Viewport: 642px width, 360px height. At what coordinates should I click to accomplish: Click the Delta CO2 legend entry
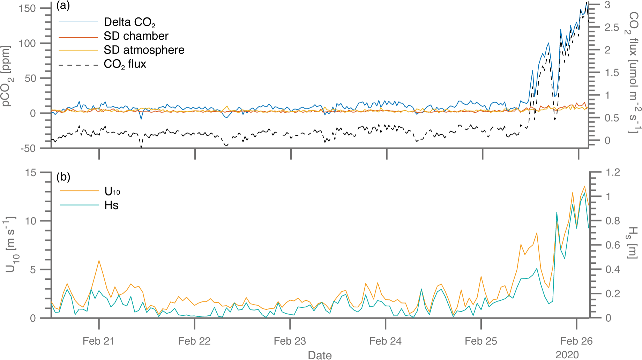coord(129,22)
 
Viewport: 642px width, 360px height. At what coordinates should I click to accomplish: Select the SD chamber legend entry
coord(136,36)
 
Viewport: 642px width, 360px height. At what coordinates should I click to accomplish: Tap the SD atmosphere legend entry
coord(144,50)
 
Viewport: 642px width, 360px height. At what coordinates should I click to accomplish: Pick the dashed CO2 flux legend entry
coord(125,64)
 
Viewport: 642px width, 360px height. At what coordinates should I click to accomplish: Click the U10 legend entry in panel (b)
coord(112,192)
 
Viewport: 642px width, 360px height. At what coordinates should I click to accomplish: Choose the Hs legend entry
coord(111,205)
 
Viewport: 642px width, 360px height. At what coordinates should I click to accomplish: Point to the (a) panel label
coord(63,6)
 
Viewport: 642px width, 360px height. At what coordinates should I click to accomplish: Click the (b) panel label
coord(63,177)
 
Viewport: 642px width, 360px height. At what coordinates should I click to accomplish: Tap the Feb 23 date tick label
coord(290,341)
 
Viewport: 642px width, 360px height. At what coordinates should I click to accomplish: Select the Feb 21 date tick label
coord(98,341)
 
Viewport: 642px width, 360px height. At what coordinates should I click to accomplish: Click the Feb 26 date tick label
coord(576,341)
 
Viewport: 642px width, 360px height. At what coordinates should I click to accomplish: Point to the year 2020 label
coord(567,355)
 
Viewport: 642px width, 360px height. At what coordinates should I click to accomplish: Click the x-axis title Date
coord(320,355)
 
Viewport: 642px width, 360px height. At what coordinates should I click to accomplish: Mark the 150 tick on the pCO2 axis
coord(28,8)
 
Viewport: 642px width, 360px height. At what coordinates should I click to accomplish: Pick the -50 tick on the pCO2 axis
coord(28,149)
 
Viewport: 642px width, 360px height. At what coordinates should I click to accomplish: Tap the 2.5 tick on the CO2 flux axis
coord(612,28)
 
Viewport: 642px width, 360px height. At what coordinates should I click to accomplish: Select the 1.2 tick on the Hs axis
coord(613,172)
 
